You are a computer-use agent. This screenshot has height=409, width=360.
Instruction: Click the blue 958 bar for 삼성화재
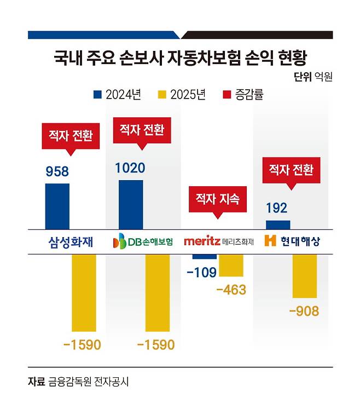point(57,206)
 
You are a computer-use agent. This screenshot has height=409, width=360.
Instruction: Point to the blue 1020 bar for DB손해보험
point(131,204)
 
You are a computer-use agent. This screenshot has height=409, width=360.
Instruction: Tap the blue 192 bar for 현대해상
point(278,224)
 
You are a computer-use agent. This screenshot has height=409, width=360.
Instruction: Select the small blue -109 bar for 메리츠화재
point(205,256)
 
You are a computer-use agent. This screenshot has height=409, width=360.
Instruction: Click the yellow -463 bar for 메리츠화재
point(231,265)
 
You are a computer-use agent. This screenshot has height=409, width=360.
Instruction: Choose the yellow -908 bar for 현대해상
point(305,275)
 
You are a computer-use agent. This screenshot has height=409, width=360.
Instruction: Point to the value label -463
point(231,290)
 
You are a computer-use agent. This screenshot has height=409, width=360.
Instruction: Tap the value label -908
point(304,312)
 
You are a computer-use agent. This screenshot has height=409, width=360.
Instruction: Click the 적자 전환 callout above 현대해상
point(288,170)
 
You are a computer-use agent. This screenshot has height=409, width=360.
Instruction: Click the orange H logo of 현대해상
point(270,241)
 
